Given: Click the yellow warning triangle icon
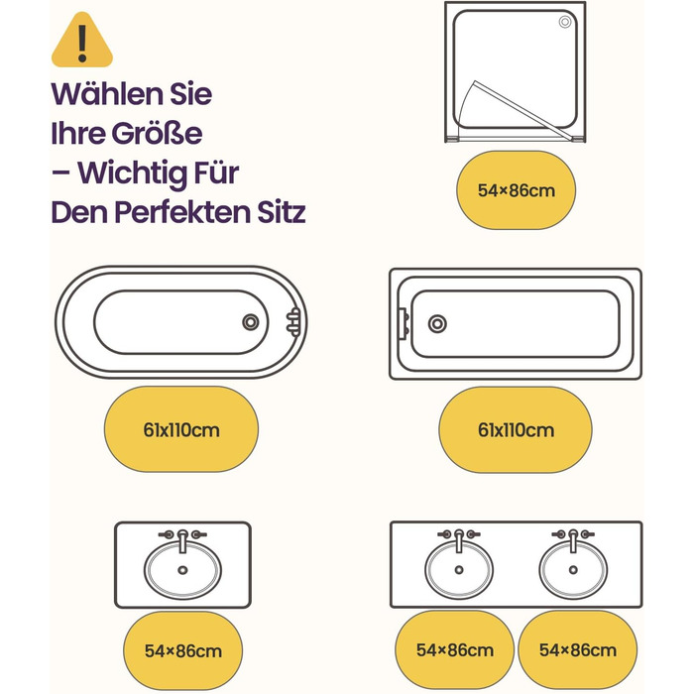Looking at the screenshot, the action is click(82, 41).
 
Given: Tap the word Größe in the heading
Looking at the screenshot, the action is click(157, 133).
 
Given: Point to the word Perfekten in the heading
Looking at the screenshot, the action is click(183, 212).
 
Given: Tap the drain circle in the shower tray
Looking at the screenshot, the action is click(565, 22).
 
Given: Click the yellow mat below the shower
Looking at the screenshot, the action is click(517, 190).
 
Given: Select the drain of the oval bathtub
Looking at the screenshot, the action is click(251, 322).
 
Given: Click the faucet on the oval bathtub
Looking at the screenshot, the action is click(293, 322).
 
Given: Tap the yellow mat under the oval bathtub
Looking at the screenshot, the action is click(181, 429).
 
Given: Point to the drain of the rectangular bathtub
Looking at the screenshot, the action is click(437, 324).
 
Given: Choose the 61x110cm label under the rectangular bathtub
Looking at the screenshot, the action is click(517, 430).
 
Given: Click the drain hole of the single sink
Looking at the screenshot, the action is click(182, 570).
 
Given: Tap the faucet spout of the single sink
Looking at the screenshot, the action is click(182, 541).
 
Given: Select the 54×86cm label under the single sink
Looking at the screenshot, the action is click(183, 651).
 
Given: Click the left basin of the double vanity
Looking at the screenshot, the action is click(459, 570).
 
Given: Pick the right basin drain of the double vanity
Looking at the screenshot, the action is click(573, 570).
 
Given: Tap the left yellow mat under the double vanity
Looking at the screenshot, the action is click(454, 649).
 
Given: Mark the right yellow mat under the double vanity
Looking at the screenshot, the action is click(578, 649).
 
